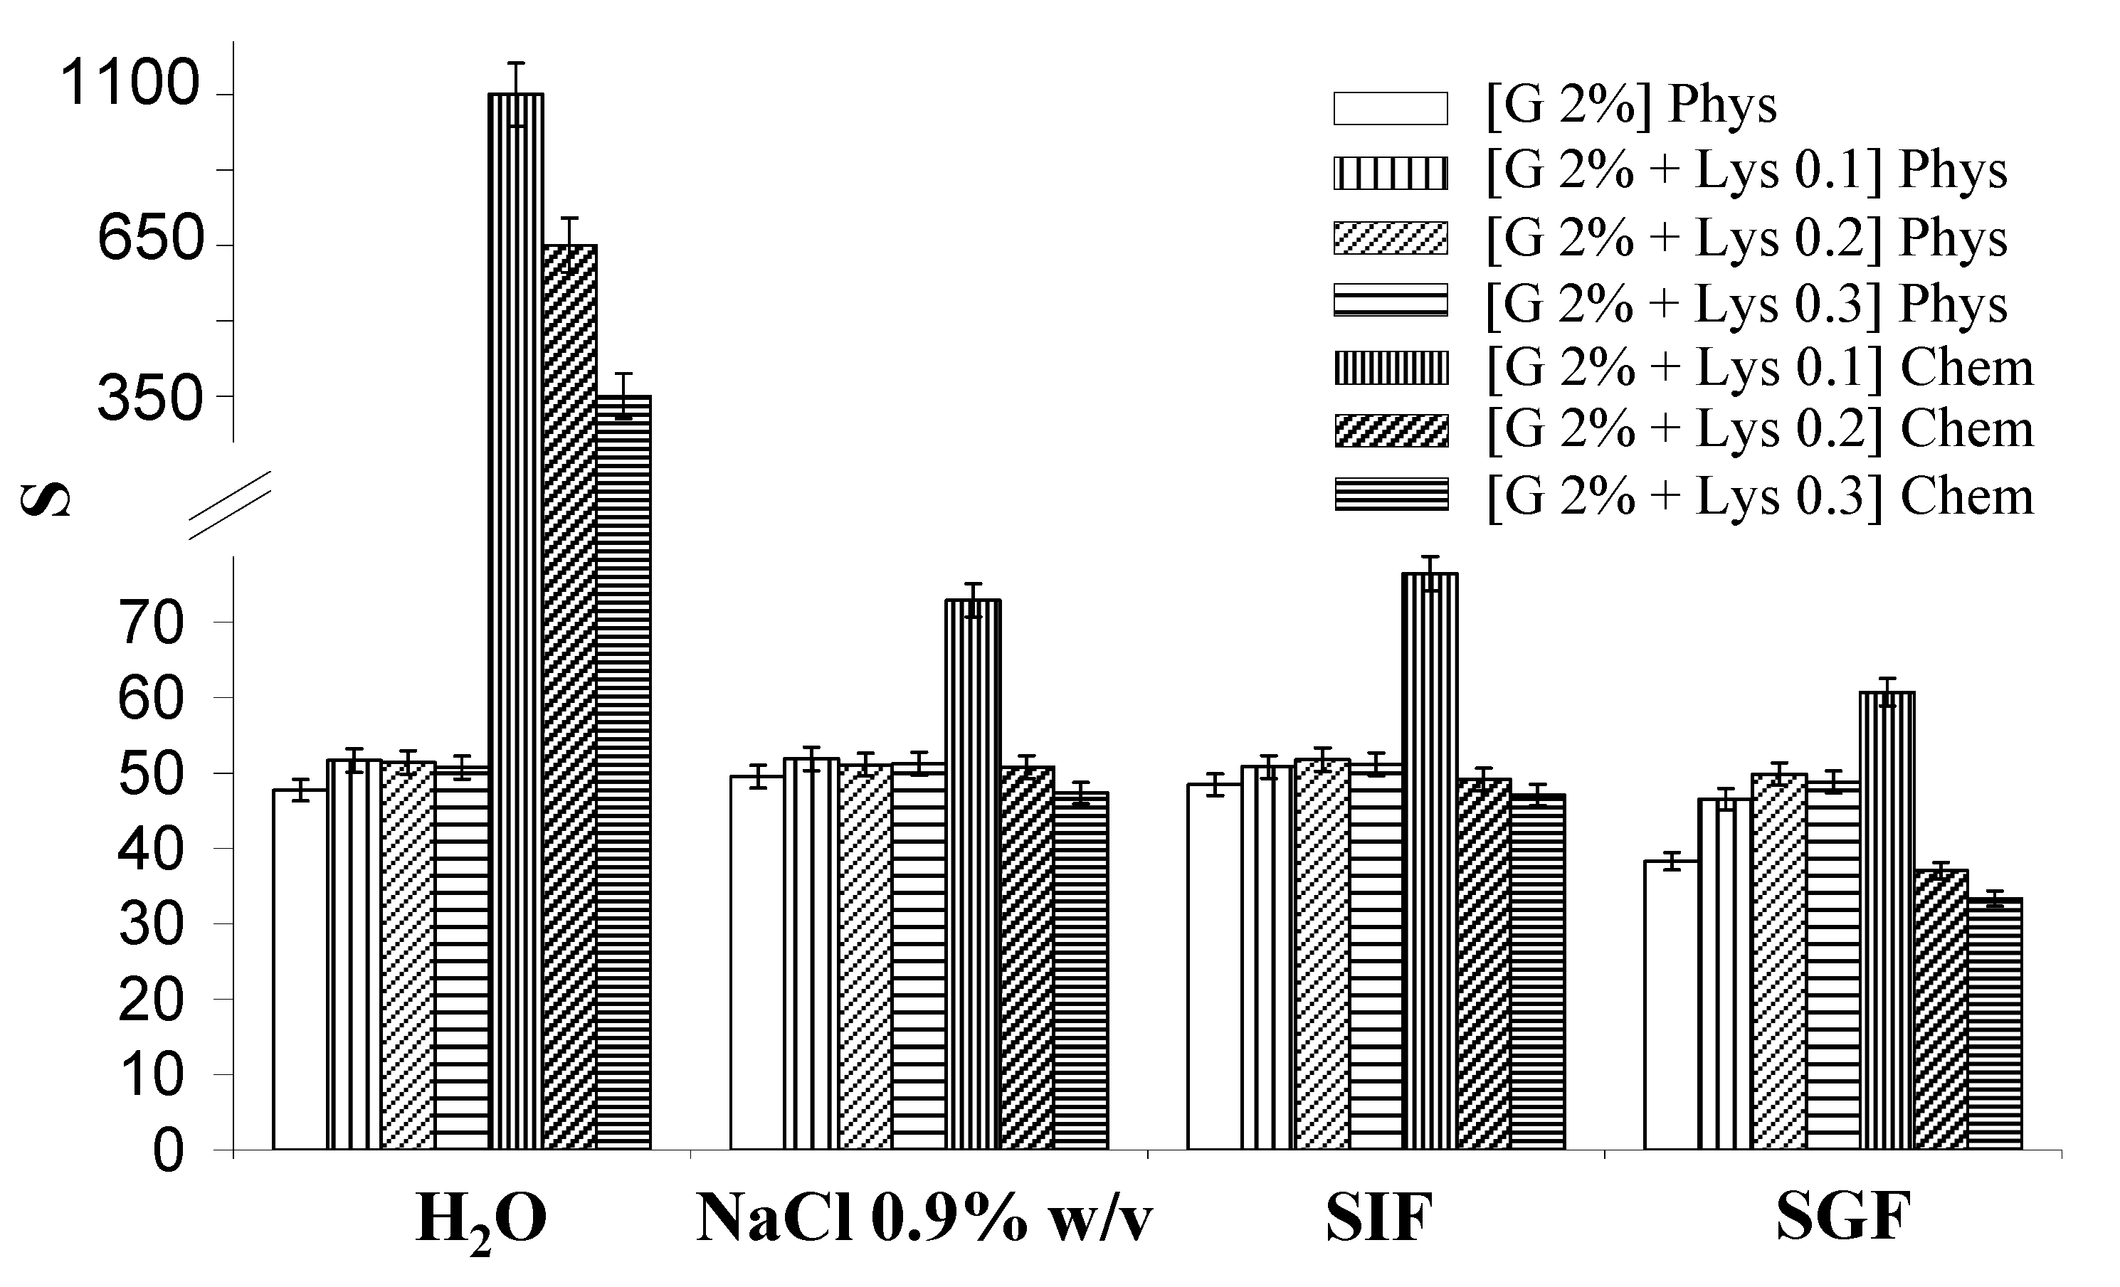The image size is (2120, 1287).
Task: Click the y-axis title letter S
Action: point(45,499)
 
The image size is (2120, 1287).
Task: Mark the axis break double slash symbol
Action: point(230,505)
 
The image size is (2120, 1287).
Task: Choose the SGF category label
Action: point(1843,1218)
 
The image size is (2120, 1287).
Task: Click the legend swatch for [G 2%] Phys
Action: point(1391,108)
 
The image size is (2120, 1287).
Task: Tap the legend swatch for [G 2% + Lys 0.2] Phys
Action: point(1391,238)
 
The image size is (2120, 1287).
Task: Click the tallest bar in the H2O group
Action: point(515,620)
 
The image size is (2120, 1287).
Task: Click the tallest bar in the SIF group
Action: point(1430,860)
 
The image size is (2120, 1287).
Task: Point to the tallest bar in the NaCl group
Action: point(973,873)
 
